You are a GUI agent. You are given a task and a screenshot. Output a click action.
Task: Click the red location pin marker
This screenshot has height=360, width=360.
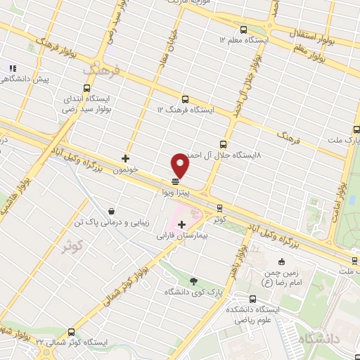(181, 165)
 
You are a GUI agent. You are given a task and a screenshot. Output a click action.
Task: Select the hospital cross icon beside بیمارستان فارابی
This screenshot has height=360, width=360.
(182, 224)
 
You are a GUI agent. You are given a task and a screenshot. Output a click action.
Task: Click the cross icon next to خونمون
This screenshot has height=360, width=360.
(125, 158)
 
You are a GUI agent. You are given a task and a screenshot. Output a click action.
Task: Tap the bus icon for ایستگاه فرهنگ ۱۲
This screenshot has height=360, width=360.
(185, 99)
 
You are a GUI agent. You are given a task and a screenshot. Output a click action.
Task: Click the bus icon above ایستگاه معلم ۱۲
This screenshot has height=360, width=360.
(243, 30)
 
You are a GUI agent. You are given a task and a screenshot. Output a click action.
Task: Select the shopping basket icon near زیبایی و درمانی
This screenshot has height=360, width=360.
(112, 211)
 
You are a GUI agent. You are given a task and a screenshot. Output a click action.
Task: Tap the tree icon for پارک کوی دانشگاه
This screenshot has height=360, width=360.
(194, 281)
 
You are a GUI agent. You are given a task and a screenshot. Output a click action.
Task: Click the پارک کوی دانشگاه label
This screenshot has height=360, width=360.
(189, 292)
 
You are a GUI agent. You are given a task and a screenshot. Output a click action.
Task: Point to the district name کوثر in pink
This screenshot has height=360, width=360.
(72, 247)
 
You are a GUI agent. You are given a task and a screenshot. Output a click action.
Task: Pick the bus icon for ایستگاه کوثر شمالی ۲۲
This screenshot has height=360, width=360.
(71, 332)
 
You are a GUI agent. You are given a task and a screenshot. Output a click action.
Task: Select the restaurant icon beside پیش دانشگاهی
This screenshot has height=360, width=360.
(12, 68)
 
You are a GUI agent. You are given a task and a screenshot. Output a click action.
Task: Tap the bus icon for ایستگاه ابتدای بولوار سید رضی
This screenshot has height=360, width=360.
(86, 89)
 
